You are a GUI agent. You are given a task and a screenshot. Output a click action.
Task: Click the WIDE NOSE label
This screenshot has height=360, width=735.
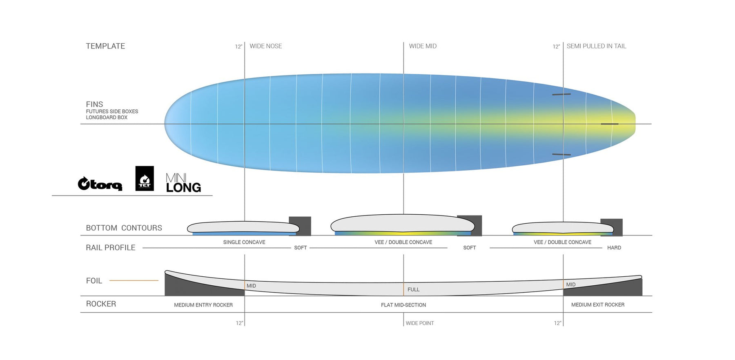point(266,46)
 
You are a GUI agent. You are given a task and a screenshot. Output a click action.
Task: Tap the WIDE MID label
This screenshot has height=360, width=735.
point(423,46)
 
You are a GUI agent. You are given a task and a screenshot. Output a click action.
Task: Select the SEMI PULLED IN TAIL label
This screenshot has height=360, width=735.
point(596,46)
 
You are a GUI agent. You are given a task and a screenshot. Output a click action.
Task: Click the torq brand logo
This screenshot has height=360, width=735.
point(100,184)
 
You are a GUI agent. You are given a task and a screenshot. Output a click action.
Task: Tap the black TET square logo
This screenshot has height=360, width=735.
point(145,178)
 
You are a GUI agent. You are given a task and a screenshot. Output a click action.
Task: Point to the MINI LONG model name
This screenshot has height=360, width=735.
point(183,183)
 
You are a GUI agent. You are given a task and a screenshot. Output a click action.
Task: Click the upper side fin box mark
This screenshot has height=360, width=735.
point(561,94)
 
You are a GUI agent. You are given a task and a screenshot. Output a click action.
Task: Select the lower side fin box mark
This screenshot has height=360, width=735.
point(561,154)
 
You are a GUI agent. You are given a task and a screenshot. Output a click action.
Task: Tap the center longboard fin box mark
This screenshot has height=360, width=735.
point(610,124)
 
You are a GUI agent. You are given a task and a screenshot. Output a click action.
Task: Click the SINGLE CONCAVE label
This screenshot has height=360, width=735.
point(244,242)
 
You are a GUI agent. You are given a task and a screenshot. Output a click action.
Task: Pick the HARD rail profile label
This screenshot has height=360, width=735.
point(614,248)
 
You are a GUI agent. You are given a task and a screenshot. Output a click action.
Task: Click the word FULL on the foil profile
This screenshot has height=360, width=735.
point(413,289)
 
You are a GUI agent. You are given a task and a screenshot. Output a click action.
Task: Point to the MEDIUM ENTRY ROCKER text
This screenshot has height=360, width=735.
point(203,305)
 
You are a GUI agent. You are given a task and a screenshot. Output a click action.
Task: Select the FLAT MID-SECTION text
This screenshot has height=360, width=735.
point(403,305)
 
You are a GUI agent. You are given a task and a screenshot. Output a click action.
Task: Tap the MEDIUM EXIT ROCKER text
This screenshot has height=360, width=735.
point(598,304)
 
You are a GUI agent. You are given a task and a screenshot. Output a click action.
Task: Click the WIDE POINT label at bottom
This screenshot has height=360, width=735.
point(420,323)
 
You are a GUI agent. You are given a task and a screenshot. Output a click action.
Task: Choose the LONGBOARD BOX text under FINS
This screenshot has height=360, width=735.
point(107,118)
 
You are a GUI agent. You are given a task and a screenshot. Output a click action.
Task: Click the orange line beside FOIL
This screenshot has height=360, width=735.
point(134,280)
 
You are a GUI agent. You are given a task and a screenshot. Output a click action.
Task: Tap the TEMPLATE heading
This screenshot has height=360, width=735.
point(105,46)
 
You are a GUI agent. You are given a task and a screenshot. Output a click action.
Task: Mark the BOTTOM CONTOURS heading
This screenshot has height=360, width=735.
point(124,228)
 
